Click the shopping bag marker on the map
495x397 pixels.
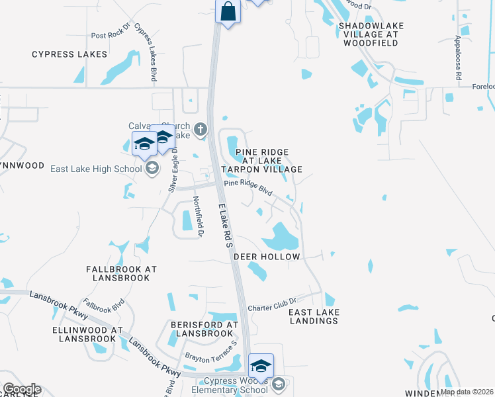228,12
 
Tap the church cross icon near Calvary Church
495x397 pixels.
201,129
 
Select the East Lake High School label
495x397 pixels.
97,169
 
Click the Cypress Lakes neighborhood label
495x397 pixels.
69,54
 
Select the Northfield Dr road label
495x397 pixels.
197,216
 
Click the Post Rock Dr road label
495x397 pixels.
108,36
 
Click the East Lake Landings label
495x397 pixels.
314,316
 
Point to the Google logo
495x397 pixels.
21,389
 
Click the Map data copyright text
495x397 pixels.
467,392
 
